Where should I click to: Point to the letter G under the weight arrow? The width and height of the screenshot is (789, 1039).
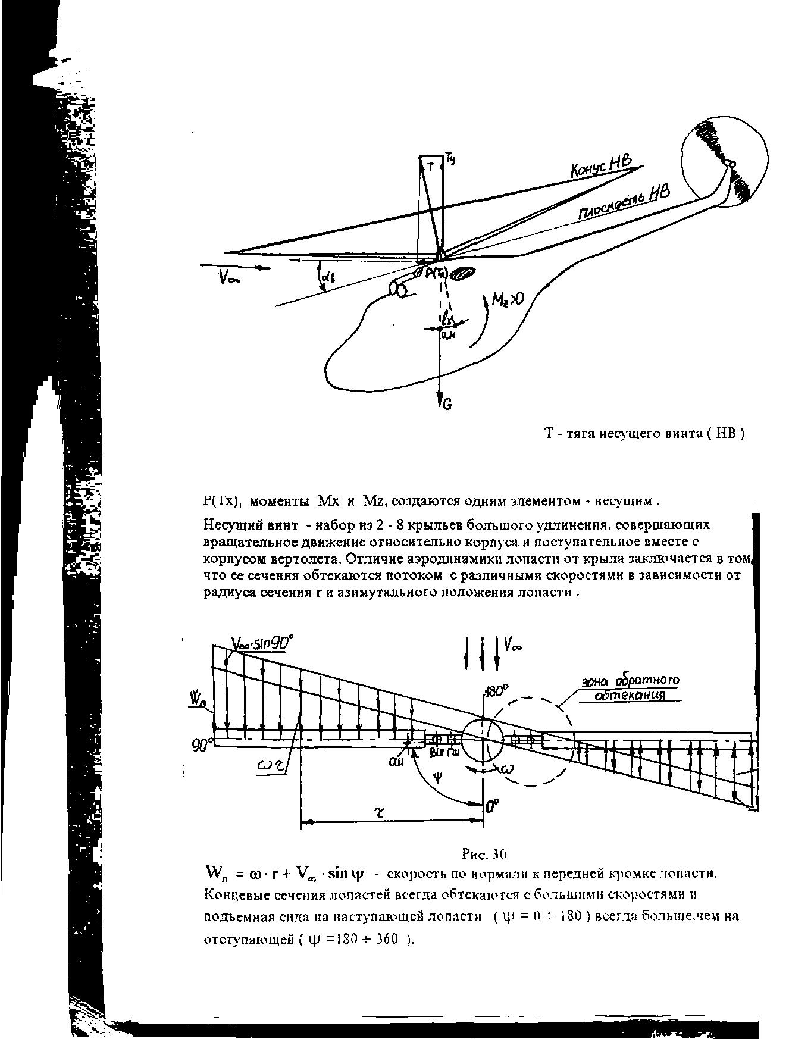pyautogui.click(x=447, y=405)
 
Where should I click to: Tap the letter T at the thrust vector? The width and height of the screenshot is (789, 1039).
pyautogui.click(x=431, y=167)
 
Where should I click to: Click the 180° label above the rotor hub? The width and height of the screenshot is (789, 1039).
pyautogui.click(x=496, y=691)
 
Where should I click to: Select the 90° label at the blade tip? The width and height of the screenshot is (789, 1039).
pyautogui.click(x=202, y=743)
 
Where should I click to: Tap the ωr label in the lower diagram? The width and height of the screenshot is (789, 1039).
pyautogui.click(x=271, y=768)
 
